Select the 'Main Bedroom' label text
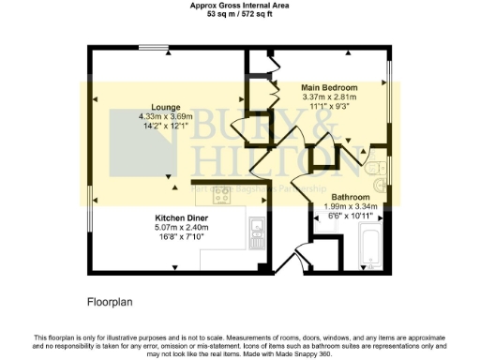click(327, 85)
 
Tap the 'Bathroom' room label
click(351, 198)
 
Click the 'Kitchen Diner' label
click(182, 217)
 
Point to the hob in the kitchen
click(222, 196)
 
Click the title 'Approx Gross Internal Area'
click(240, 6)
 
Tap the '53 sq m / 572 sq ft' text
click(240, 14)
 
